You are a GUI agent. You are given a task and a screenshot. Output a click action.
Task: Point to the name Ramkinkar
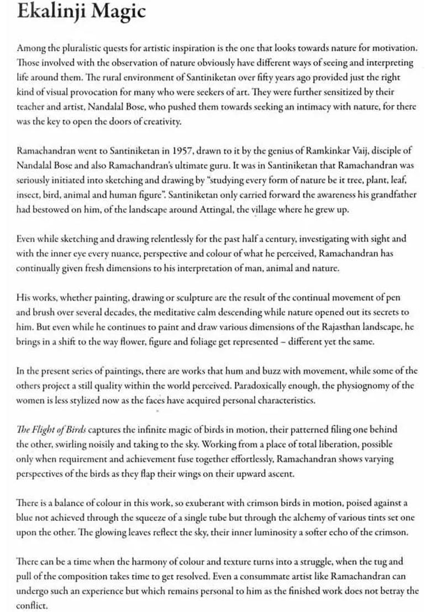(x=304, y=150)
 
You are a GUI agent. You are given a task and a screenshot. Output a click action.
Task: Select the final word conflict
(x=32, y=605)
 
